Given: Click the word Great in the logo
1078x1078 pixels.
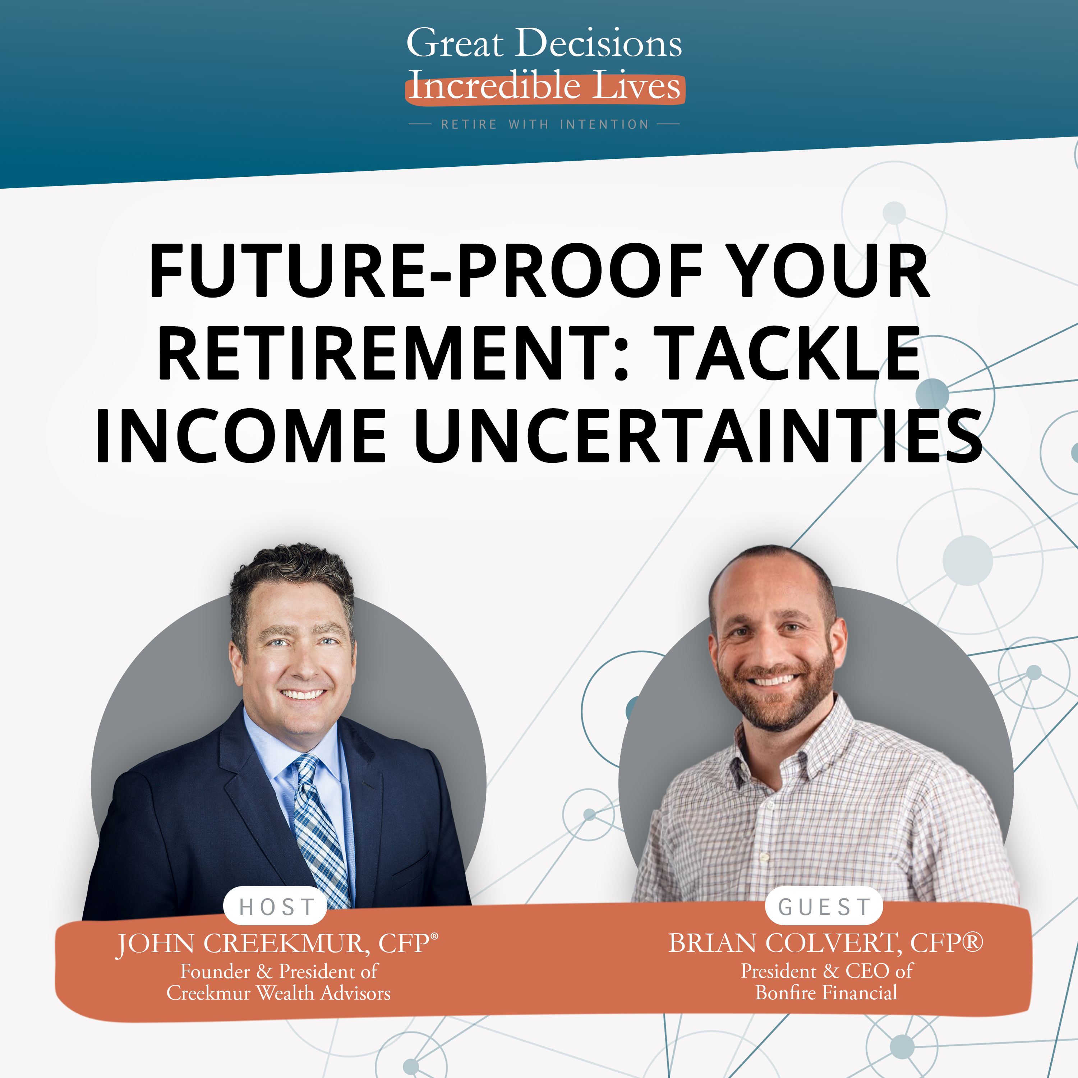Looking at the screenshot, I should coord(455,43).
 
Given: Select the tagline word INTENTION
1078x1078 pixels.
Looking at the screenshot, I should coord(604,124).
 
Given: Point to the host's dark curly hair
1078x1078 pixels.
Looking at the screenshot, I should coord(290,575).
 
